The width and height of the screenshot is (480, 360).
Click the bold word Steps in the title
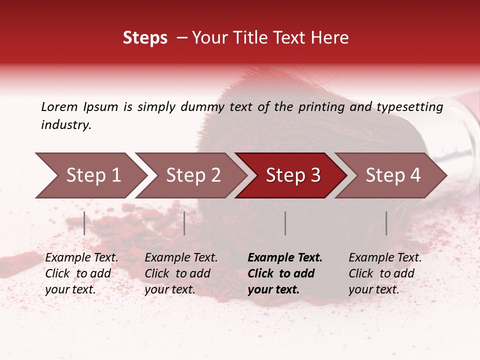tap(145, 38)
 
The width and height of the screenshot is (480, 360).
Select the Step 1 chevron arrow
tap(90, 175)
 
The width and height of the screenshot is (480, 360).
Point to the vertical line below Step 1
tap(84, 223)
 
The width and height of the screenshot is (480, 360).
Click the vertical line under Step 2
tap(184, 223)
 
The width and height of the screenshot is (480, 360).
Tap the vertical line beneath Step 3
tap(285, 223)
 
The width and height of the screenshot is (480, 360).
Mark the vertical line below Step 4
tap(386, 223)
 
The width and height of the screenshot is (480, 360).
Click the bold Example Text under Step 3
tap(285, 258)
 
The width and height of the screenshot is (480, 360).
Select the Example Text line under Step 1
tap(81, 258)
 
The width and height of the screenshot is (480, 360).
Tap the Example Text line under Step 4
tap(385, 258)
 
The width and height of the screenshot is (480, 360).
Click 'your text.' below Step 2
tap(169, 290)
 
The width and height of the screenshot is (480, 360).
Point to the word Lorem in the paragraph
tap(59, 107)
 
